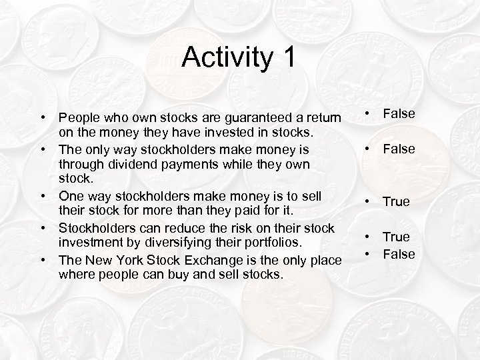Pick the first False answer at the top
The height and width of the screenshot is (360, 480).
coord(397,114)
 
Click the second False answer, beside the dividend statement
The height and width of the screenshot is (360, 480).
coord(397,149)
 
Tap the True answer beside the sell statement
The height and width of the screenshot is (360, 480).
coord(396,201)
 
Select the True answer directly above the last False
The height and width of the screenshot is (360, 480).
coord(396,237)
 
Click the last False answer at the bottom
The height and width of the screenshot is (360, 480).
coord(397,254)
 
